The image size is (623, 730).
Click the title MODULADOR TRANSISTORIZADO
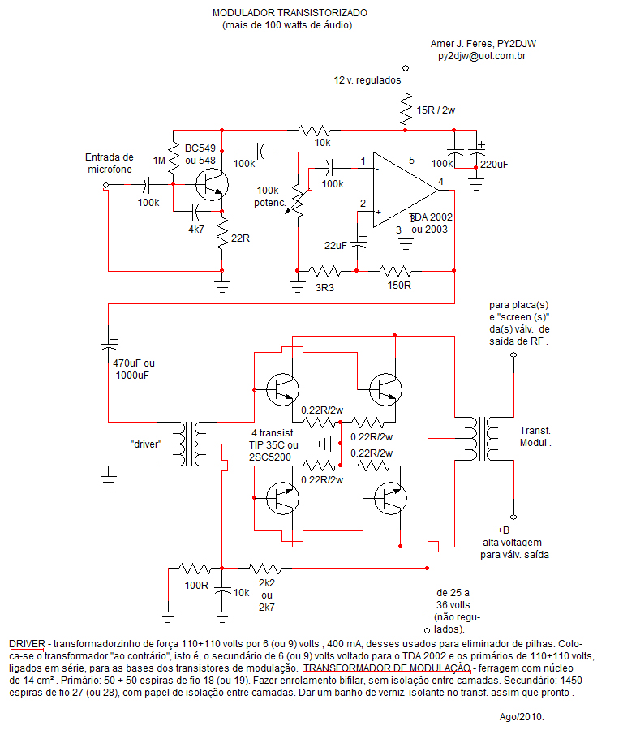(x=290, y=12)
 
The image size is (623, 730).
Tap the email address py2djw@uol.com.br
(x=482, y=56)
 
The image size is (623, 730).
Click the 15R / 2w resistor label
(x=436, y=109)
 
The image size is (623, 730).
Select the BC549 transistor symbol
(x=212, y=185)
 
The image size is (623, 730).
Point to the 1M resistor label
(x=159, y=160)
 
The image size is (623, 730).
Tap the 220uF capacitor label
(x=494, y=165)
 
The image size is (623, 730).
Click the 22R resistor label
(x=240, y=238)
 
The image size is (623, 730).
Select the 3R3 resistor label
(x=324, y=288)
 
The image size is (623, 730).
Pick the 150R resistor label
(x=399, y=285)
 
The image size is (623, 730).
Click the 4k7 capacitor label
(x=196, y=229)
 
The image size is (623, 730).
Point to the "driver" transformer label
(x=146, y=444)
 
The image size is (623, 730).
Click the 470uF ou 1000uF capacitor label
(x=134, y=369)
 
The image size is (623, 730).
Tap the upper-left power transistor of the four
(x=282, y=389)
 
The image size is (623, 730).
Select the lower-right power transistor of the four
(x=390, y=498)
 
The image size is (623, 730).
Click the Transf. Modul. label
(x=535, y=436)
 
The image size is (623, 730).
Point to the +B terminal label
(x=503, y=530)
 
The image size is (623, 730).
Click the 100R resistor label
(x=196, y=585)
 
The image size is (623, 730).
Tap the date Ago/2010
(x=522, y=717)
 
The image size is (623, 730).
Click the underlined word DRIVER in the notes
(x=27, y=644)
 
